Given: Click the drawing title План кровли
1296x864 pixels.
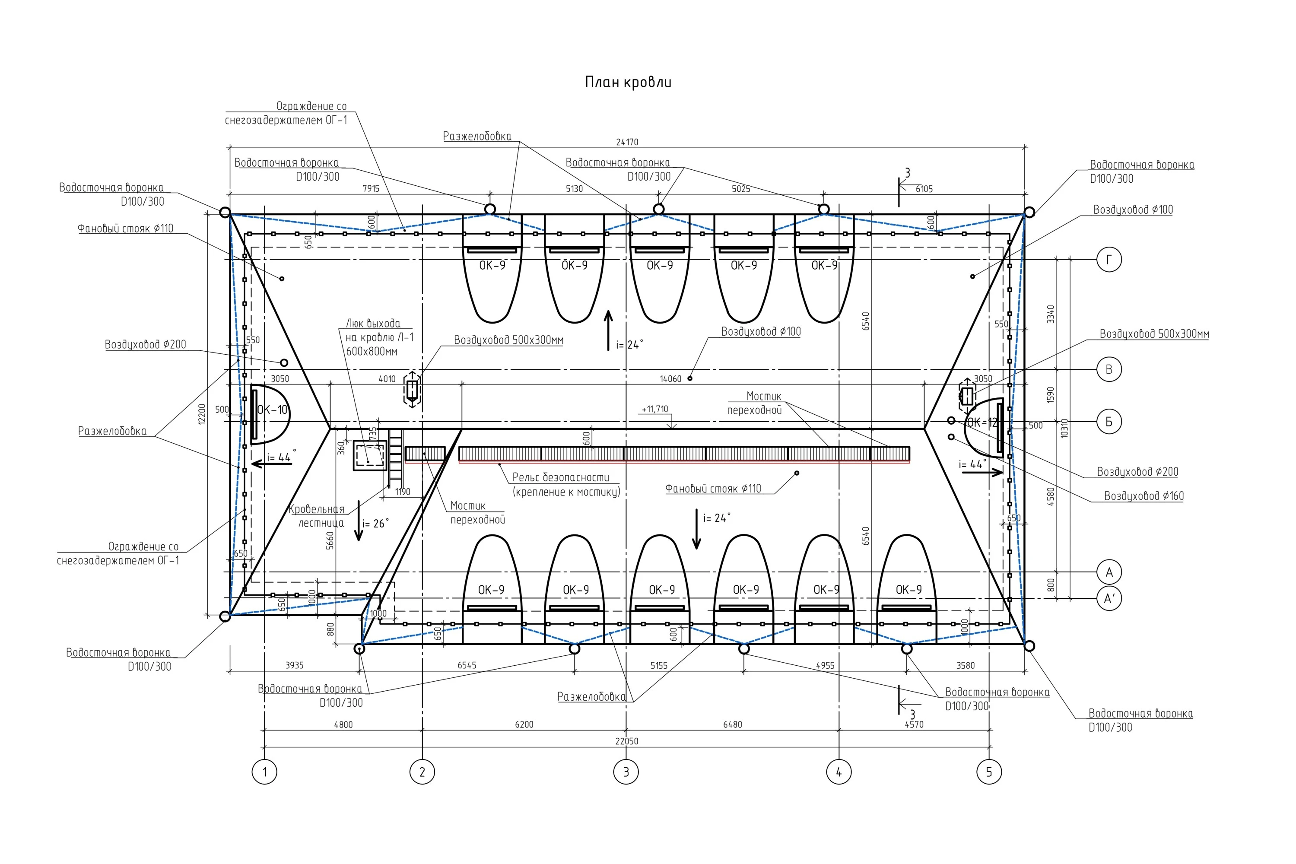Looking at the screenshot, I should pos(628,83).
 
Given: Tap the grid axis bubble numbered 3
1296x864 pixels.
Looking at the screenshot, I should pos(626,772).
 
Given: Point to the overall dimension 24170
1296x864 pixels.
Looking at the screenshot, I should pos(627,142).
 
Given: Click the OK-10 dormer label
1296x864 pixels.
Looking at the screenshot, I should pos(272,410).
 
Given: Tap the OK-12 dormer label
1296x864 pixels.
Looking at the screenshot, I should pos(982,422).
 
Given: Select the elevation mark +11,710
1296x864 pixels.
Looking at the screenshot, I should pos(654,410).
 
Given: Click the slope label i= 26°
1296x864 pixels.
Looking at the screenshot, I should pos(375,524).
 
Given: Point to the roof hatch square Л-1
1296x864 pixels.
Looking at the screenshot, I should pos(370,456).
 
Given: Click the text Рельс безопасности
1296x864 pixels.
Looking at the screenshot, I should pos(560,477).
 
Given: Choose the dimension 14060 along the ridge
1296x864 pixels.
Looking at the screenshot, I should pos(670,379).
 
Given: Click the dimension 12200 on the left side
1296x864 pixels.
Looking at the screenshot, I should pos(202,414).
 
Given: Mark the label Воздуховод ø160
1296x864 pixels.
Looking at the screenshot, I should pos(1144,496).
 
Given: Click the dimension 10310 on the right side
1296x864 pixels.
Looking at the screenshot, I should pos(1064,428).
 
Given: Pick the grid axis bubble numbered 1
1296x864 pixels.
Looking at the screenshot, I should pos(264,772).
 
